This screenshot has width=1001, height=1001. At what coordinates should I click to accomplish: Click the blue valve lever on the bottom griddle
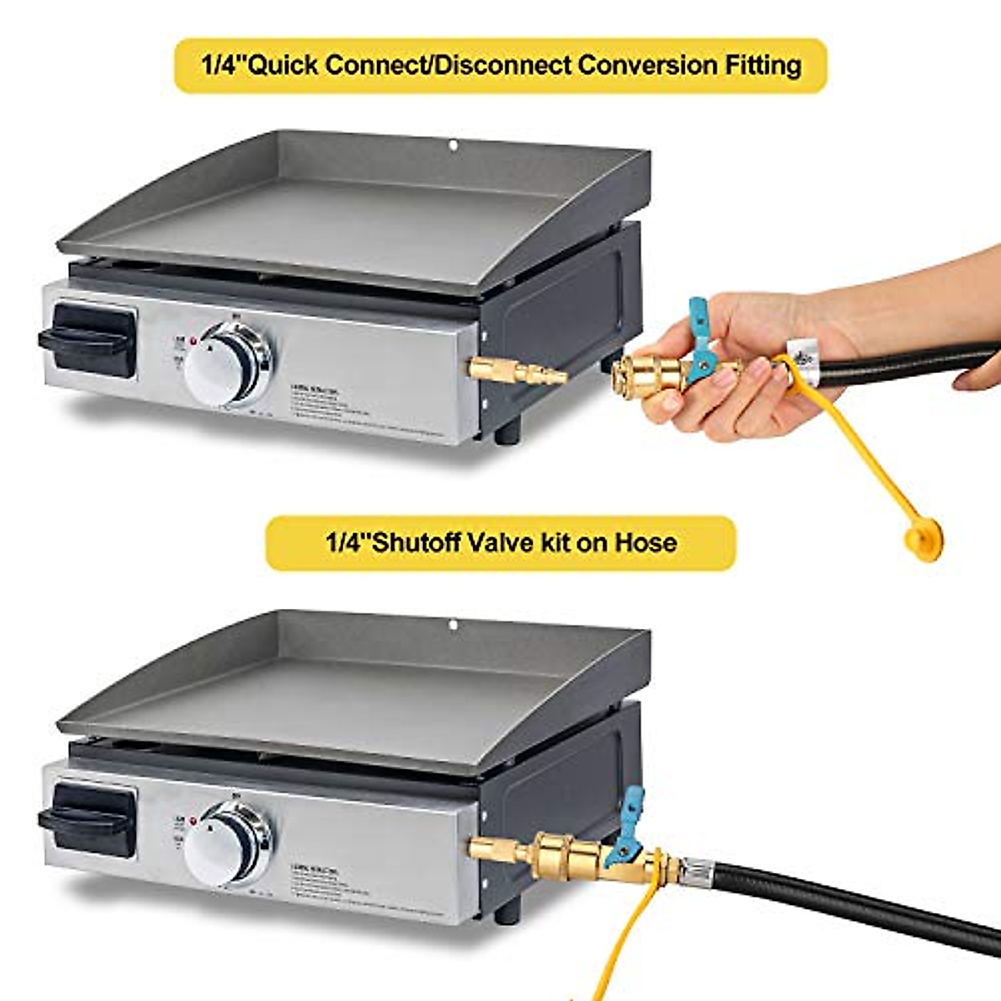click(x=629, y=822)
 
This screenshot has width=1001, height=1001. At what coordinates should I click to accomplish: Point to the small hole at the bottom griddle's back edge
click(x=452, y=625)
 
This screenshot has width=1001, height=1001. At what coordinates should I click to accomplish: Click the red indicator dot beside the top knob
click(x=193, y=342)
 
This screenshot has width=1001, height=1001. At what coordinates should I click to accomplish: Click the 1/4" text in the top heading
click(x=219, y=65)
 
